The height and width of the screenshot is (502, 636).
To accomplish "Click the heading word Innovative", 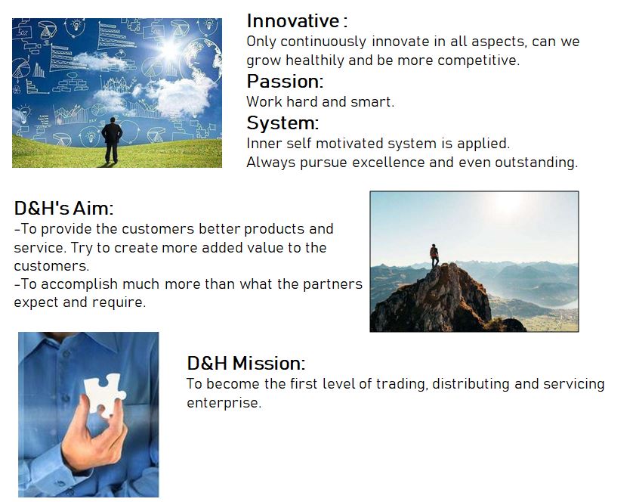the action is click(293, 21).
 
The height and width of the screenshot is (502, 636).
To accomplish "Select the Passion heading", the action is click(285, 81).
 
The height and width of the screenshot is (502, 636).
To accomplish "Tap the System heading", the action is click(282, 123).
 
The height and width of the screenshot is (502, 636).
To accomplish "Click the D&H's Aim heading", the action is click(63, 208).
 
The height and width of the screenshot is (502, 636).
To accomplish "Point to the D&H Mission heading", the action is click(245, 363).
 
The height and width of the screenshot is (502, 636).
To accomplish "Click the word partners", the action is click(332, 284).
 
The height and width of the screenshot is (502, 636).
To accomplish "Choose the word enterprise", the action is click(224, 403).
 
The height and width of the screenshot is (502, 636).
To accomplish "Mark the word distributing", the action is click(471, 384).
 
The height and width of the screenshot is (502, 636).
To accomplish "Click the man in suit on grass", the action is click(112, 140).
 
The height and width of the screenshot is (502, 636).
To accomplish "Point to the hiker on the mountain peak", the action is click(434, 256).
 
